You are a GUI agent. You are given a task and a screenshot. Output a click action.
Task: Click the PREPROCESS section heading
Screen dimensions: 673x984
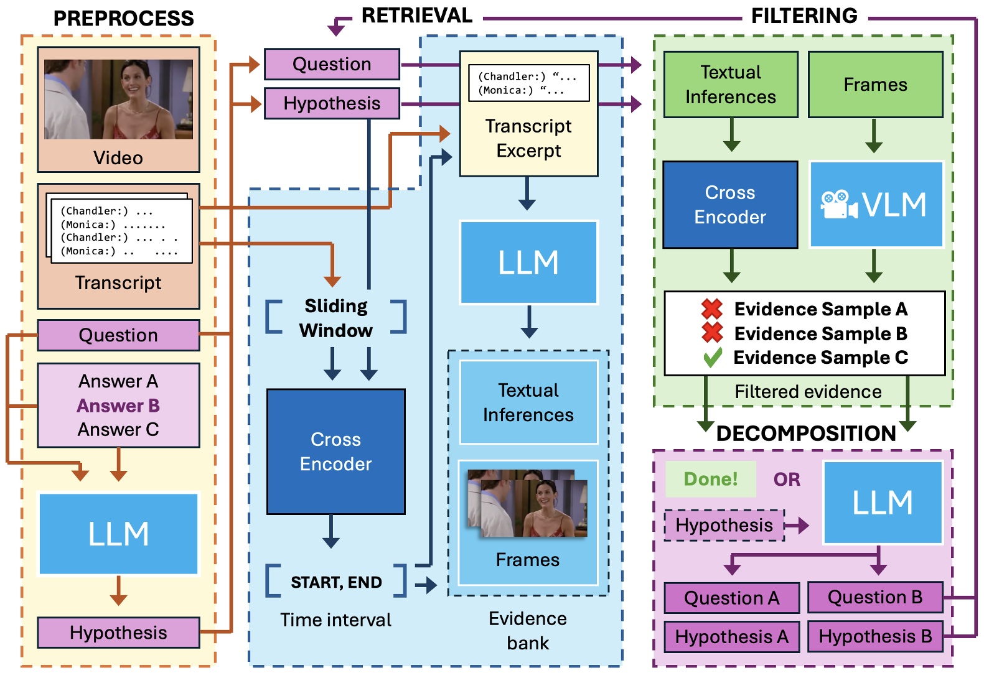[x=123, y=18]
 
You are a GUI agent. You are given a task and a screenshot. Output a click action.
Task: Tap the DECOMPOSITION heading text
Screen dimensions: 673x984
[x=805, y=433]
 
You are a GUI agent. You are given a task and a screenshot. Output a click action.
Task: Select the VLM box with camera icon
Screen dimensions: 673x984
[x=876, y=205]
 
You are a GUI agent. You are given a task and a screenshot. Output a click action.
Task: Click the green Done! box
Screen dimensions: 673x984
[x=710, y=479]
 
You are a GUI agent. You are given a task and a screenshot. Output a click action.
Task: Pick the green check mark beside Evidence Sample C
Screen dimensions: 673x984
[x=712, y=357]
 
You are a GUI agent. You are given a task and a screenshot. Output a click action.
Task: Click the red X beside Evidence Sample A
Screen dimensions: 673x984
[x=712, y=309]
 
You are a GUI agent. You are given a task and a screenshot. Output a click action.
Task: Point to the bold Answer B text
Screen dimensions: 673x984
[x=118, y=406]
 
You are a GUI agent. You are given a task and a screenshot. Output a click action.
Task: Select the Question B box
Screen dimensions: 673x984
[x=874, y=597]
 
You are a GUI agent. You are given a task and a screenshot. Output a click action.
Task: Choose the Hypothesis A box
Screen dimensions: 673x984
[x=731, y=637]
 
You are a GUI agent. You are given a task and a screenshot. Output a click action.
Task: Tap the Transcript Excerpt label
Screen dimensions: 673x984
[x=528, y=139]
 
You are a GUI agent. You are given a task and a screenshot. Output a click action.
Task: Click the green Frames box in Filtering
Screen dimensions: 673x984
[x=875, y=85]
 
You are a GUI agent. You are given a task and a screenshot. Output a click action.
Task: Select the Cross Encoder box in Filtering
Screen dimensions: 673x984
[x=730, y=205]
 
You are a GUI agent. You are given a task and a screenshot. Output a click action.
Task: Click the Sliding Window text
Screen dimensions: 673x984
[x=336, y=318]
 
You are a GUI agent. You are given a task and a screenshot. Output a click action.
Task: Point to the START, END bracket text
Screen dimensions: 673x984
[x=336, y=582]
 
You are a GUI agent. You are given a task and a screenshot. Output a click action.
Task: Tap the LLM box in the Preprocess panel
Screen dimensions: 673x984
[x=118, y=534]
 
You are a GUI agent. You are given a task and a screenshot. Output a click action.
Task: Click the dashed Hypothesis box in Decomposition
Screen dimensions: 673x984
[x=724, y=525]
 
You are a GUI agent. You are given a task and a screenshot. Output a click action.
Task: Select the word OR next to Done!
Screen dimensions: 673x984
[x=787, y=480]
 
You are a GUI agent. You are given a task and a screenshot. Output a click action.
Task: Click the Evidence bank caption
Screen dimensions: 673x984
[x=528, y=630]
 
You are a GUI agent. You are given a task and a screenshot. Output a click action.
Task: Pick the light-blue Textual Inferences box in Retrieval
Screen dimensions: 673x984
[x=528, y=402]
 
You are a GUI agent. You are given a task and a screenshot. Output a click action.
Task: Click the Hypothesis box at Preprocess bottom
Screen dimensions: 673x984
[x=118, y=633]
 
